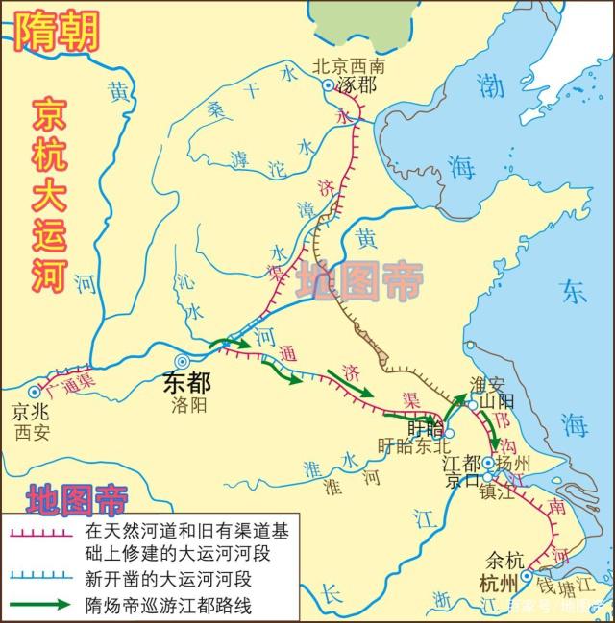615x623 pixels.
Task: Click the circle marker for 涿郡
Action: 328,85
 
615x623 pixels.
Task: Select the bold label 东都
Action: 185,382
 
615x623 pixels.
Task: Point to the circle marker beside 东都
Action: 182,360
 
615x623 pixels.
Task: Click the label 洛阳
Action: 184,405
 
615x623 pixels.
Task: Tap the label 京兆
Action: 30,412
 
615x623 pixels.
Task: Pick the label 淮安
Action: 486,383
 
